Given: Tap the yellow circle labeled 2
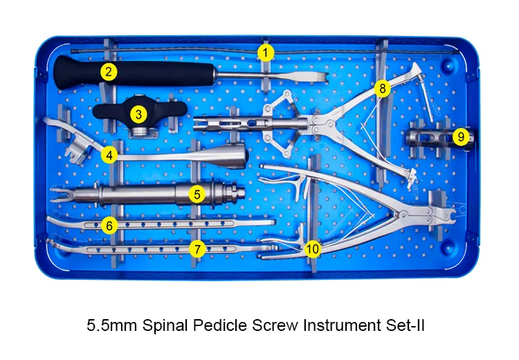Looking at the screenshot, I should click(x=108, y=71).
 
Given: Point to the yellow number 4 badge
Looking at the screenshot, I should click(x=108, y=155).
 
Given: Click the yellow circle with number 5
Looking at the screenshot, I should click(x=198, y=194).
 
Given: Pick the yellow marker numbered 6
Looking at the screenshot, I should click(x=108, y=225).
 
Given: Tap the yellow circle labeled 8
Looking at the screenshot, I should click(x=382, y=89).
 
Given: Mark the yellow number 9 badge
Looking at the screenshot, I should click(x=460, y=136).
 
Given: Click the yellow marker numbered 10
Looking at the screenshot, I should click(x=313, y=248).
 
